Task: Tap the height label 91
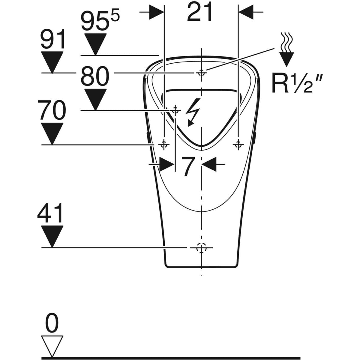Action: pyautogui.click(x=53, y=39)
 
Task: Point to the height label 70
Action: pyautogui.click(x=52, y=110)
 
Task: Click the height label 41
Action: pyautogui.click(x=50, y=213)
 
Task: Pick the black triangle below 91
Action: pyautogui.click(x=52, y=62)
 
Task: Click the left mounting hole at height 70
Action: pyautogui.click(x=164, y=145)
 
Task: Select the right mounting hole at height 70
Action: pyautogui.click(x=238, y=145)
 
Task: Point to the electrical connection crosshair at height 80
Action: pyautogui.click(x=175, y=110)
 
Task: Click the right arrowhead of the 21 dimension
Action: pyautogui.click(x=246, y=12)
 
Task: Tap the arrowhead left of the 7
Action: pyautogui.click(x=167, y=164)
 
